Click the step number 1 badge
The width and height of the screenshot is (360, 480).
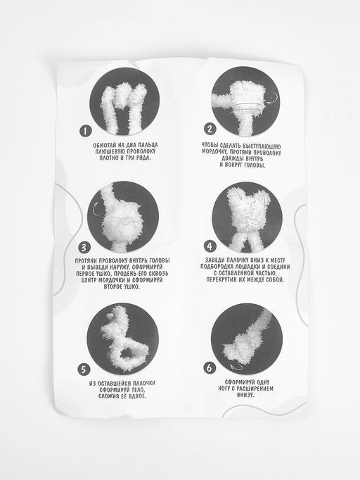(86, 132)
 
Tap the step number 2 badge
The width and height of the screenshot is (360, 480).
(210, 129)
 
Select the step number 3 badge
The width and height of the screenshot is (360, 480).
(84, 247)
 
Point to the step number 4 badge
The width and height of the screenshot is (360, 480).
(210, 246)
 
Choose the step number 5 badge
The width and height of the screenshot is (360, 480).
(83, 370)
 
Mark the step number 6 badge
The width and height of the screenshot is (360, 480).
(210, 367)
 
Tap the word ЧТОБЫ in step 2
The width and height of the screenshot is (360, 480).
(210, 145)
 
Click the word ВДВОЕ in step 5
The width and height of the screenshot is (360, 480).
(138, 396)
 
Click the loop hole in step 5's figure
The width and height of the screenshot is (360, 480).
(129, 353)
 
